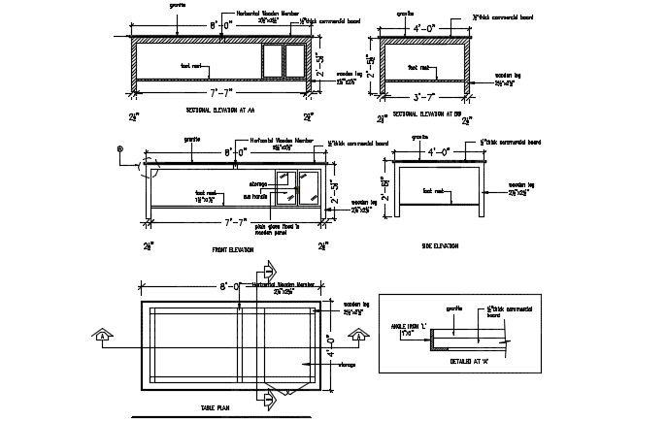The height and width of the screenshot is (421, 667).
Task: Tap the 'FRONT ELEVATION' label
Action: (233, 249)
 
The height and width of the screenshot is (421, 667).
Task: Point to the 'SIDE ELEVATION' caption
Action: (440, 245)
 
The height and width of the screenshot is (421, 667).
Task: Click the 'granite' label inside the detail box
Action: (453, 308)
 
